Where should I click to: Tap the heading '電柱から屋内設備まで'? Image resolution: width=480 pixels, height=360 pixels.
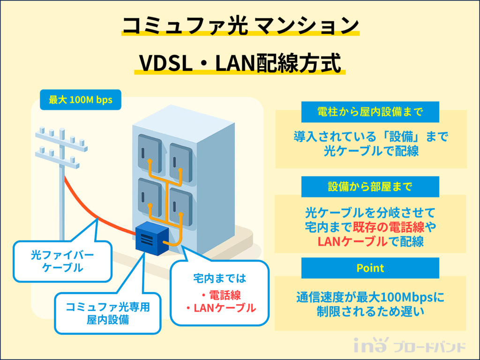click(x=370, y=112)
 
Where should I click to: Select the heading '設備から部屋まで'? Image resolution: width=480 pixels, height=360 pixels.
click(x=370, y=187)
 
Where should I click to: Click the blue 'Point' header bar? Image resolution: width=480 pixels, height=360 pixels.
click(x=370, y=268)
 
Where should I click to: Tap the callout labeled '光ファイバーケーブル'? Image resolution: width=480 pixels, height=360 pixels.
click(x=63, y=262)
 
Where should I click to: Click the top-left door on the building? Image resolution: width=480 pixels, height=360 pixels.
click(x=150, y=154)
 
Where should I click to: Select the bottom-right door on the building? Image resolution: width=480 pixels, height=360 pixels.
click(x=180, y=206)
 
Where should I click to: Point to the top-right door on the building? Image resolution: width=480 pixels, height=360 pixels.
click(x=180, y=162)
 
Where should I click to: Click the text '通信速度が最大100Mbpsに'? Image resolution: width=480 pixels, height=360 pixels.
click(x=370, y=297)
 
